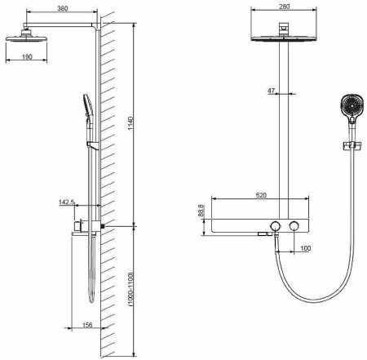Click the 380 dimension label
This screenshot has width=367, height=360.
pos(63,8)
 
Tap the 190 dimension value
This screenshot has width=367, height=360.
pos(27,57)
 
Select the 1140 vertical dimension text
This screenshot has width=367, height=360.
pos(130,123)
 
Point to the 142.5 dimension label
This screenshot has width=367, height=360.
pos(67,202)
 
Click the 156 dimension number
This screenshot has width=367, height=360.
pos(87,325)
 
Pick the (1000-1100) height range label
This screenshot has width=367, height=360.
pos(130,289)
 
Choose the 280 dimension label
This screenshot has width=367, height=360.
pos(285,7)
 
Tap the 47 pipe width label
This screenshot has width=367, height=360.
pos(272,91)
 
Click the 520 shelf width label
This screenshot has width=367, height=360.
pos(261,195)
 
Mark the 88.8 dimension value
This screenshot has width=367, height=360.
pos(201,211)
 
